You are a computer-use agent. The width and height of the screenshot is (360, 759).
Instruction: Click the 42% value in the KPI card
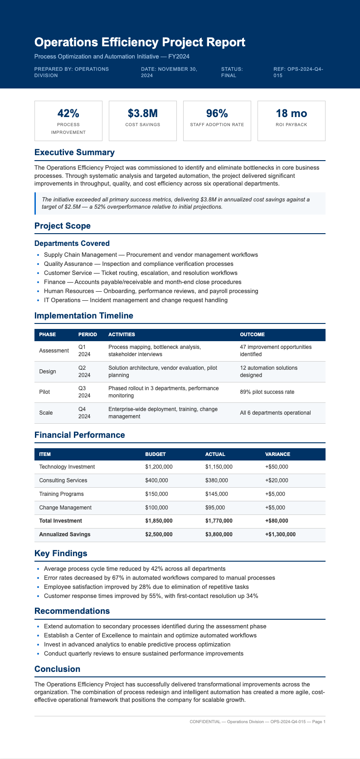click(68, 113)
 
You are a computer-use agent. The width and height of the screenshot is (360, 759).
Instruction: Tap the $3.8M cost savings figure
click(143, 113)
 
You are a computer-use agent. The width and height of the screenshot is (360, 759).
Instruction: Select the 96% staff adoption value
click(217, 113)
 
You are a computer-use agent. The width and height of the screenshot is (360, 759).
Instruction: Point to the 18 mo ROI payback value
click(291, 113)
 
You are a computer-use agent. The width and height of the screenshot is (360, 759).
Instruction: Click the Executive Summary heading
click(74, 152)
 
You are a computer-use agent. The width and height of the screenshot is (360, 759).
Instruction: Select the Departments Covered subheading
click(72, 244)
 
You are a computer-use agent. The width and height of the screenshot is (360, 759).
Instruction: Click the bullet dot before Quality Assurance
click(38, 264)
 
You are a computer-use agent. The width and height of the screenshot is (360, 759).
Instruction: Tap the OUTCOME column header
click(252, 334)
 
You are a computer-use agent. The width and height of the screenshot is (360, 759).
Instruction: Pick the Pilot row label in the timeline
click(45, 392)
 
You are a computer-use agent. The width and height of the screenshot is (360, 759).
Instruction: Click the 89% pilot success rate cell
click(267, 392)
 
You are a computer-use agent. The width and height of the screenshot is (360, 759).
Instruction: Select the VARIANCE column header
click(277, 454)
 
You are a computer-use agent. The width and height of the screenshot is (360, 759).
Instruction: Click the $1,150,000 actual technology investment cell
click(219, 467)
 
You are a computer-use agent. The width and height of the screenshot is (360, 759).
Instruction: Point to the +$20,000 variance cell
click(277, 480)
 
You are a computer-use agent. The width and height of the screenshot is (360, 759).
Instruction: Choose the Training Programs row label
click(61, 494)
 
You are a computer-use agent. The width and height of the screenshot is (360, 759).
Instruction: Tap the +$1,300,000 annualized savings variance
click(280, 534)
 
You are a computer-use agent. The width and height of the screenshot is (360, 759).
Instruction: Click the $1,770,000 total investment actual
click(219, 521)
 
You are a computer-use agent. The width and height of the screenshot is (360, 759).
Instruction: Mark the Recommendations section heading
click(72, 611)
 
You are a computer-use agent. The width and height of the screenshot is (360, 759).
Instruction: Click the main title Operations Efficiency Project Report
click(140, 43)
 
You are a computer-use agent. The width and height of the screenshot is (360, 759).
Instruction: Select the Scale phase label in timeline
click(46, 413)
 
